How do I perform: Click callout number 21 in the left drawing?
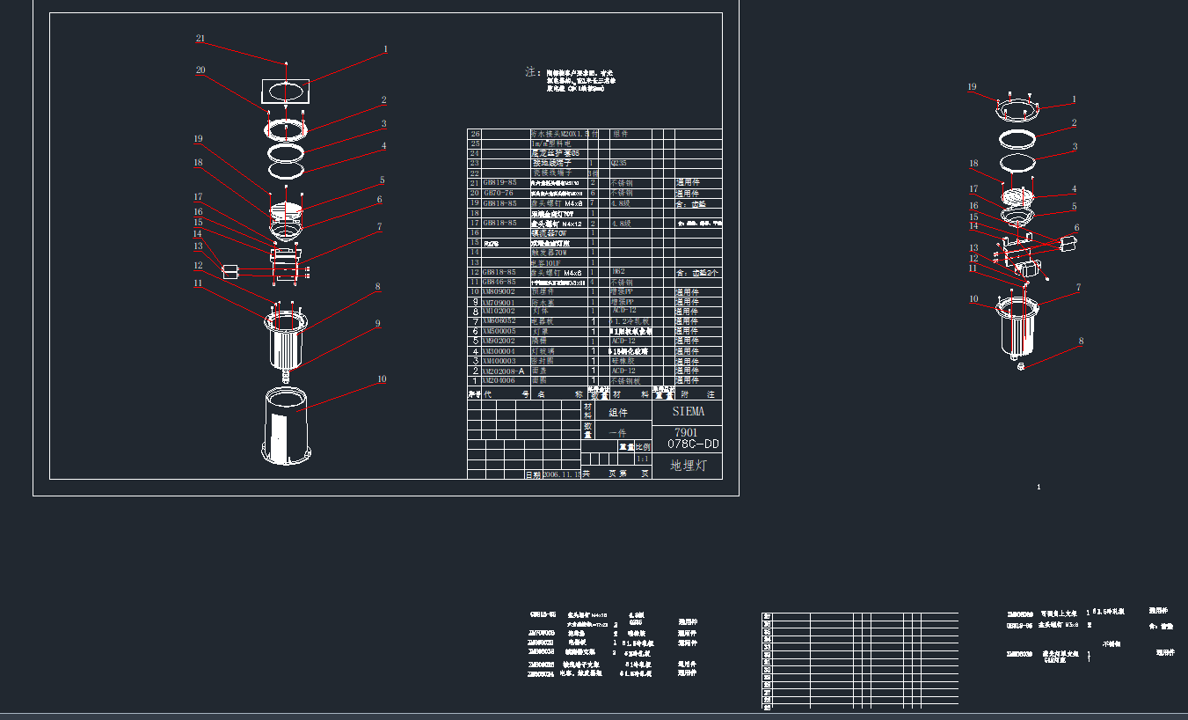(200, 39)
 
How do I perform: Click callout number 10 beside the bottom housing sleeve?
(382, 379)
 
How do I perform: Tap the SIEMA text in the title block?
(688, 411)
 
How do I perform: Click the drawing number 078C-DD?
(688, 444)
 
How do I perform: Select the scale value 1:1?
(642, 459)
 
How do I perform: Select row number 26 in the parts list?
(476, 134)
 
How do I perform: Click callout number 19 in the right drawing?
(972, 87)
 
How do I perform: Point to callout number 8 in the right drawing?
(1082, 341)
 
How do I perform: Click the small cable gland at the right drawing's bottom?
(1021, 366)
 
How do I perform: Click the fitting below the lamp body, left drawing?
(286, 376)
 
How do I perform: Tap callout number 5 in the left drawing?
(382, 180)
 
